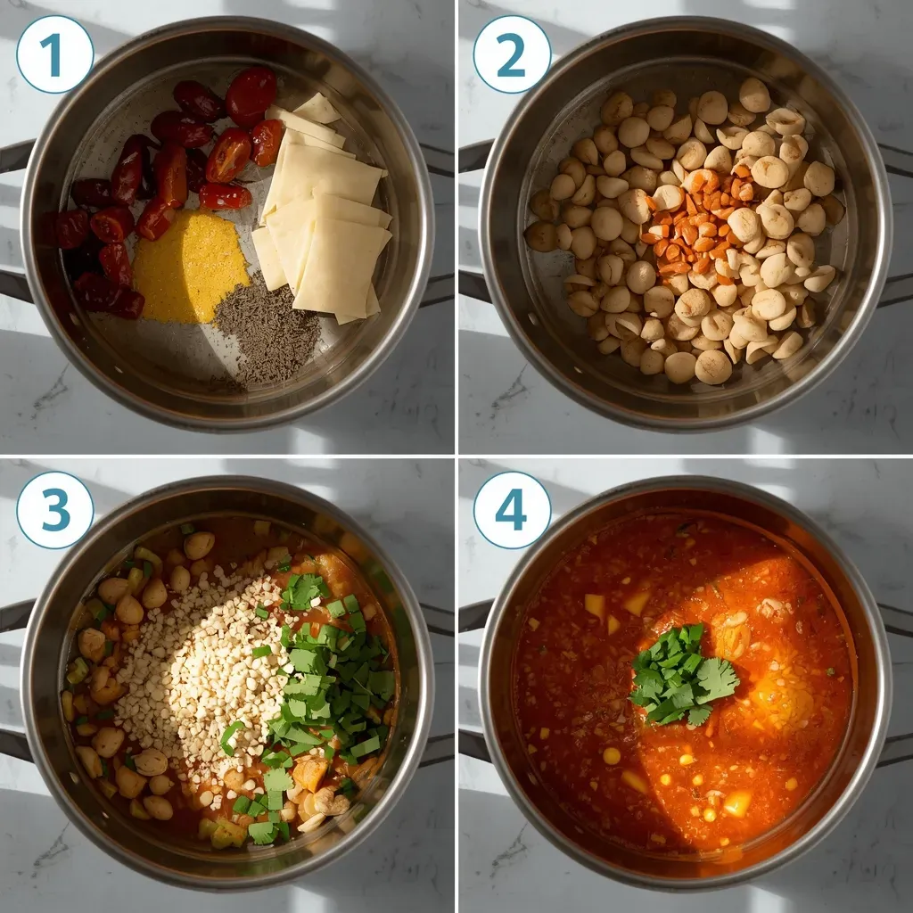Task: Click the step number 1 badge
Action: coord(54,54)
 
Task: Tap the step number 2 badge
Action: coord(512,54)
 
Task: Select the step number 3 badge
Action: coord(54,510)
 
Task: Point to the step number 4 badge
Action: coord(512,510)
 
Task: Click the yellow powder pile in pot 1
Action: coord(189,266)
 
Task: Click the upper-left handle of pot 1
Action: coord(14,156)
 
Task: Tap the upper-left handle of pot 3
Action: coord(14,615)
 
